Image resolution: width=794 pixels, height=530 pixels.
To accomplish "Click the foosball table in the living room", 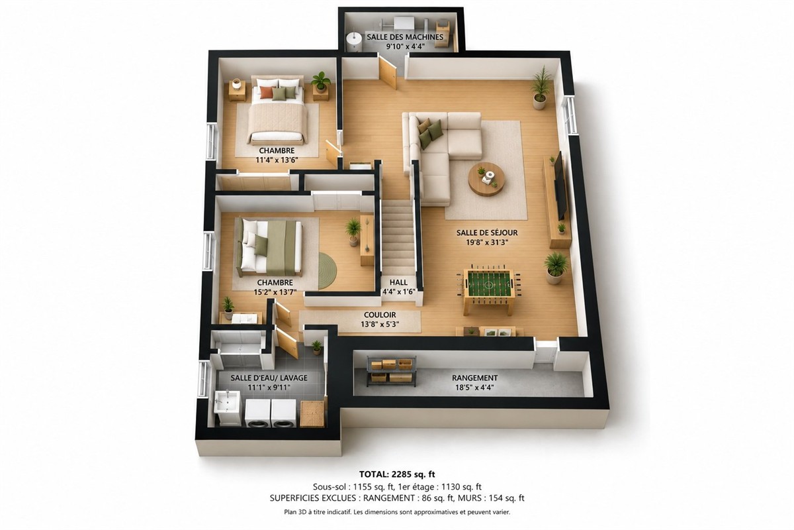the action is point(489,289).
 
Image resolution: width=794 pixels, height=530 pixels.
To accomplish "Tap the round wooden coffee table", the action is point(487,180).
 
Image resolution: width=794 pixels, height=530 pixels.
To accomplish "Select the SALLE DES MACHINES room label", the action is point(405,37).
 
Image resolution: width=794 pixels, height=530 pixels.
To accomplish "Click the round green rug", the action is point(327,270).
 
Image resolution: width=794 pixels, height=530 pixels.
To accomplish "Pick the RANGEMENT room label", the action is point(474,378).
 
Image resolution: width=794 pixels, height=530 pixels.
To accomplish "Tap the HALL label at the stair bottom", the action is point(398,282).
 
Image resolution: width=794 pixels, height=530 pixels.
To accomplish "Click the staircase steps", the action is point(399,237).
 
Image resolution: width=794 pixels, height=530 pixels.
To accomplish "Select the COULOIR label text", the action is point(380,315).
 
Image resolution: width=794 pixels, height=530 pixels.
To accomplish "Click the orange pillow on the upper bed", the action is point(266,92).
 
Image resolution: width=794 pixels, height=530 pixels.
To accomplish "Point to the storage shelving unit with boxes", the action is point(391,371).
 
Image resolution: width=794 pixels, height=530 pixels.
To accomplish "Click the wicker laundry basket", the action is point(312,413).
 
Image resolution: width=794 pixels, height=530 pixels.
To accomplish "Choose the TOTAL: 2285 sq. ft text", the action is point(397,474).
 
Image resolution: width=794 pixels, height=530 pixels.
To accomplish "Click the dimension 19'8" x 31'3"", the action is point(487,242).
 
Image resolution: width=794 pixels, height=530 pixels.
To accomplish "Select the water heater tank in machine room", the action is point(353,42).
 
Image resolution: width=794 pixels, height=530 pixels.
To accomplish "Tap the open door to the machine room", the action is point(388,73).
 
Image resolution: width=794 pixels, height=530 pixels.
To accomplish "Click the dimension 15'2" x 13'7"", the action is point(275,292).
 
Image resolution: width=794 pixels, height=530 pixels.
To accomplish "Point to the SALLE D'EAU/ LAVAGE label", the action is point(269,378).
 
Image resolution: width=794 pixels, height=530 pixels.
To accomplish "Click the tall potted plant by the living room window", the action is point(541,87).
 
